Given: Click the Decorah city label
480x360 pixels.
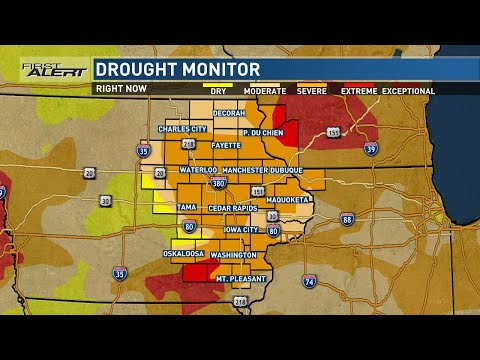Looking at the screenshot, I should point(229,113).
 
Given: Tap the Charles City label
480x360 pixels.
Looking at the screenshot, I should point(183,129).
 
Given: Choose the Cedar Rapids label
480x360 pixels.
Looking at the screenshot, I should point(233,207).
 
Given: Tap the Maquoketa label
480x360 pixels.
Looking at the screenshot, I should point(288,199).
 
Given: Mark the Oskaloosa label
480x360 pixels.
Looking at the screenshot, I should point(183,254).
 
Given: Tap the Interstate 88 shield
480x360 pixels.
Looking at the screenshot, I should point(347,219).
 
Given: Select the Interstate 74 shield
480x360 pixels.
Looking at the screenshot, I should point(310,283).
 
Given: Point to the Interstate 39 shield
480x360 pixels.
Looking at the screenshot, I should point(371,148).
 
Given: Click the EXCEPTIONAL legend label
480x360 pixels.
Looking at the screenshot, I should point(408,91).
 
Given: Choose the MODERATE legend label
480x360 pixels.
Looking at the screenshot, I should point(265,91).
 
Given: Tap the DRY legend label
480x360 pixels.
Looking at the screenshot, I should point(218,91).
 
